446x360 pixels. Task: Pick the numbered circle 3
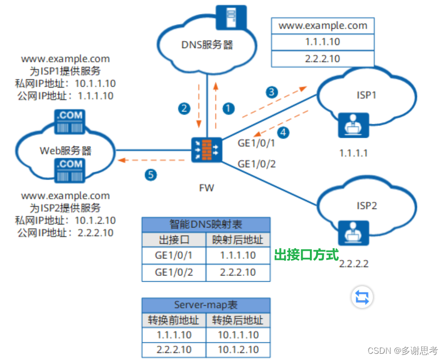271,92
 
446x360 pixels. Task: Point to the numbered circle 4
284,132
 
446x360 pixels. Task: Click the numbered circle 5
150,175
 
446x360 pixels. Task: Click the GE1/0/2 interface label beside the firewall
256,164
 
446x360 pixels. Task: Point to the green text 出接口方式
306,255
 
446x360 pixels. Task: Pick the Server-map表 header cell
206,304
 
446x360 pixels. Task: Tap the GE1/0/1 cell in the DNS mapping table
174,255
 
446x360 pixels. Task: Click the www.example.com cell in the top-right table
323,25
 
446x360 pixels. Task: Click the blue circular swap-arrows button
361,297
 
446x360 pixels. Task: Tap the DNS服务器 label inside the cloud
207,45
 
